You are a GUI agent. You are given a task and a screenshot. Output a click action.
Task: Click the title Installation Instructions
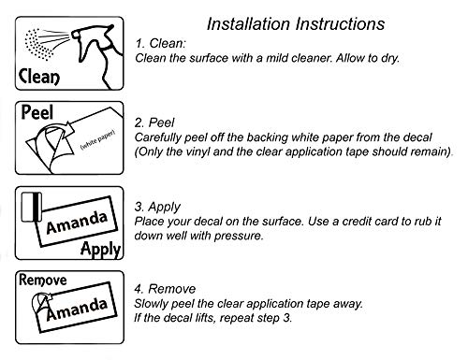[x=296, y=24]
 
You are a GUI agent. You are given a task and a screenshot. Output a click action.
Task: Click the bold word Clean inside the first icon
[x=39, y=77]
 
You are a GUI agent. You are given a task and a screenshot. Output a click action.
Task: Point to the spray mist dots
[x=38, y=44]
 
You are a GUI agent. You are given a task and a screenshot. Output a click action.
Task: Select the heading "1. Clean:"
[x=160, y=43]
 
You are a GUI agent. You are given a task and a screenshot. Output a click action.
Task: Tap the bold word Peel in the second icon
[x=37, y=112]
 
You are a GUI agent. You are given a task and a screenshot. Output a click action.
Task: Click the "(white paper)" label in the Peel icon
[x=97, y=139]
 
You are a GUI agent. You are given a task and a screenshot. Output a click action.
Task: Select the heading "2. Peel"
[x=154, y=122]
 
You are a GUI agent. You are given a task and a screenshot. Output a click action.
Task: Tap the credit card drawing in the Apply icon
[x=32, y=207]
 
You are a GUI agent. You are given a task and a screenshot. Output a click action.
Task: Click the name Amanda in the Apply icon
[x=77, y=223]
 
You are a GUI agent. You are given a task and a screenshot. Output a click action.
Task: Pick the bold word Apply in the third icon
[x=100, y=249]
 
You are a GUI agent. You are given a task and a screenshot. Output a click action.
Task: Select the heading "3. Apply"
[x=157, y=207]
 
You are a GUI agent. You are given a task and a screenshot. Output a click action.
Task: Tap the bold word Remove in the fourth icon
[x=43, y=280]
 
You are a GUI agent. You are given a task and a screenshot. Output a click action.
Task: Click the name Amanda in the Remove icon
[x=77, y=309]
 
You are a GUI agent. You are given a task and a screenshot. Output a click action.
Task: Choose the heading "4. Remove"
[x=165, y=289]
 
